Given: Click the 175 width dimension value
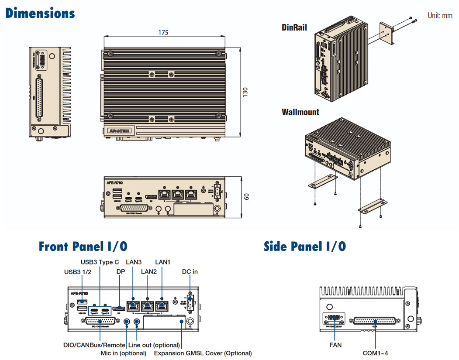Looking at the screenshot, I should click(164, 32).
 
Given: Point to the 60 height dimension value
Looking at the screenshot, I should click(246, 197).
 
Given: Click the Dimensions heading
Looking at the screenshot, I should click(40, 14).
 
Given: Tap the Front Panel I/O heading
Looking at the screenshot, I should click(83, 247).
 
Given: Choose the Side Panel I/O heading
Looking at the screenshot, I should click(305, 247).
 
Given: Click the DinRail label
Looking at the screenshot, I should click(294, 27).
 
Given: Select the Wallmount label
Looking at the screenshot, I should click(300, 112).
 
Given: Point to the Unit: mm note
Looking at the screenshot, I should click(440, 16).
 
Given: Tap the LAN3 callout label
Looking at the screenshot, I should click(134, 262).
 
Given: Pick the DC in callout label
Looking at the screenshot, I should click(190, 271).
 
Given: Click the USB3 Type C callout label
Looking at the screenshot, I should click(100, 262).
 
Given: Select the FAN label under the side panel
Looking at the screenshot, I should click(336, 345).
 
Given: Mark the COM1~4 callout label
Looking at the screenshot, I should click(375, 353).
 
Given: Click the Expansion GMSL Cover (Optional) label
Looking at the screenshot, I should click(203, 353).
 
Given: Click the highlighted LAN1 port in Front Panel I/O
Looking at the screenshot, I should click(162, 305).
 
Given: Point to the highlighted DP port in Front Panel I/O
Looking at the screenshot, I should click(118, 309).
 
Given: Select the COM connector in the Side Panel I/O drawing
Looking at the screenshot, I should click(375, 321).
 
